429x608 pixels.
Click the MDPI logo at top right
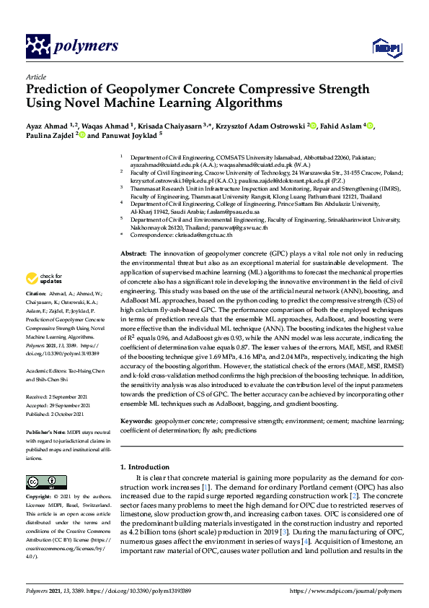tap(385, 48)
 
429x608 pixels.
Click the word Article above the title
tap(35, 76)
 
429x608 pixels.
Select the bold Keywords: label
tap(136, 420)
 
